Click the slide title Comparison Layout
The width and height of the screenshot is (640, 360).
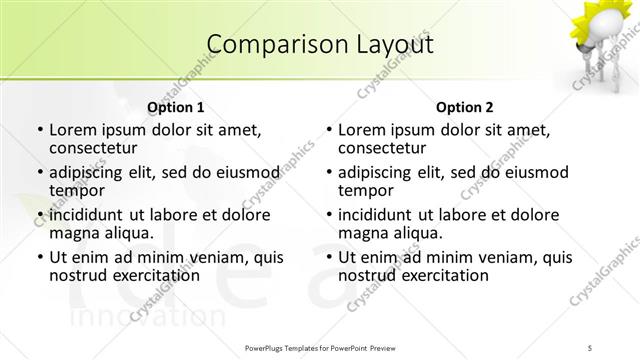pos(319,45)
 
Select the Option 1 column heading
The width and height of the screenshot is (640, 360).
pos(175,107)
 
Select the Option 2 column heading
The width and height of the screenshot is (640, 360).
pos(465,107)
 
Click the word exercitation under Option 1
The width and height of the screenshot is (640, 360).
pos(149,275)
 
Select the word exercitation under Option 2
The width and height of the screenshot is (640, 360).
pos(439,275)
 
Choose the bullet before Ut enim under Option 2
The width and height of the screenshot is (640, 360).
pos(328,258)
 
